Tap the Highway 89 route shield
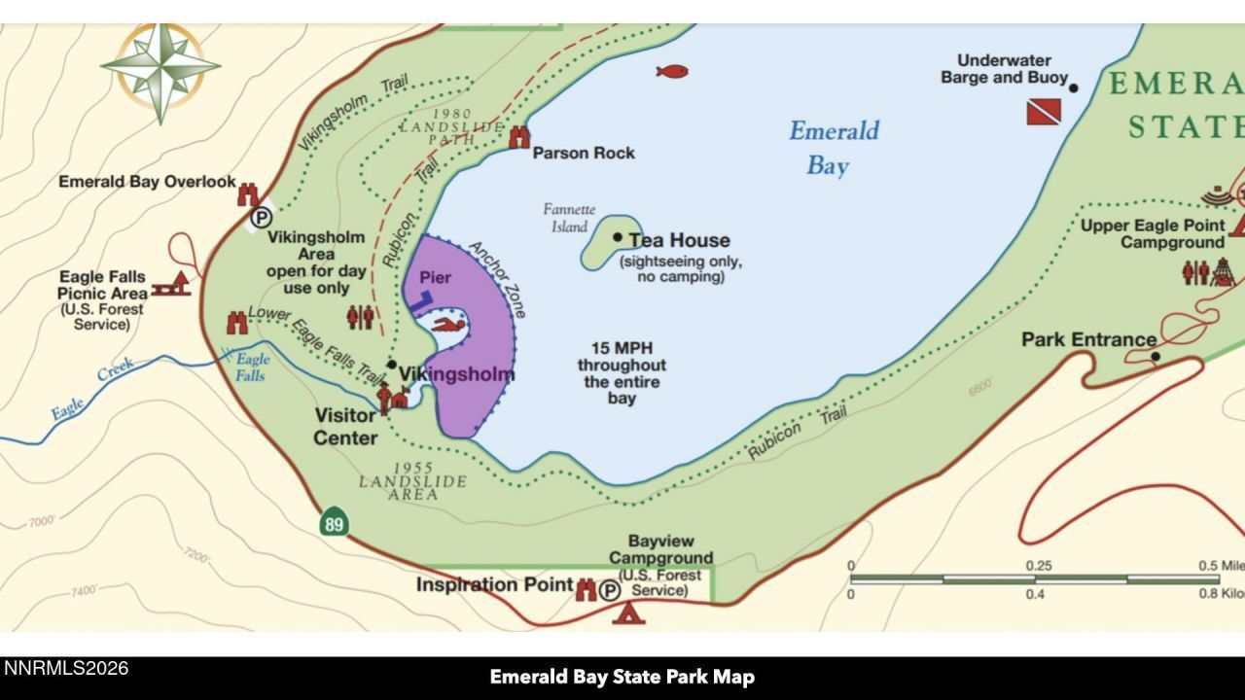[334, 522]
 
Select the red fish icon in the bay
[671, 71]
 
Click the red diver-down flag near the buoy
[1044, 112]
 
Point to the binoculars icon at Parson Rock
[519, 137]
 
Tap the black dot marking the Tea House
[617, 237]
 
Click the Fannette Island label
[569, 218]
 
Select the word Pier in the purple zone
[435, 278]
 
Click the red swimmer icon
[447, 325]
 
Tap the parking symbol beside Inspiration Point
[610, 590]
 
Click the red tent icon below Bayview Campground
[628, 612]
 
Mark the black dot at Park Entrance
[1156, 357]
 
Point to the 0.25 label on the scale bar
[1038, 566]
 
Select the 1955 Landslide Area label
[412, 481]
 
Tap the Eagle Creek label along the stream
[92, 388]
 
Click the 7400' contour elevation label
[84, 590]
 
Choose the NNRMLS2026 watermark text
[66, 669]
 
